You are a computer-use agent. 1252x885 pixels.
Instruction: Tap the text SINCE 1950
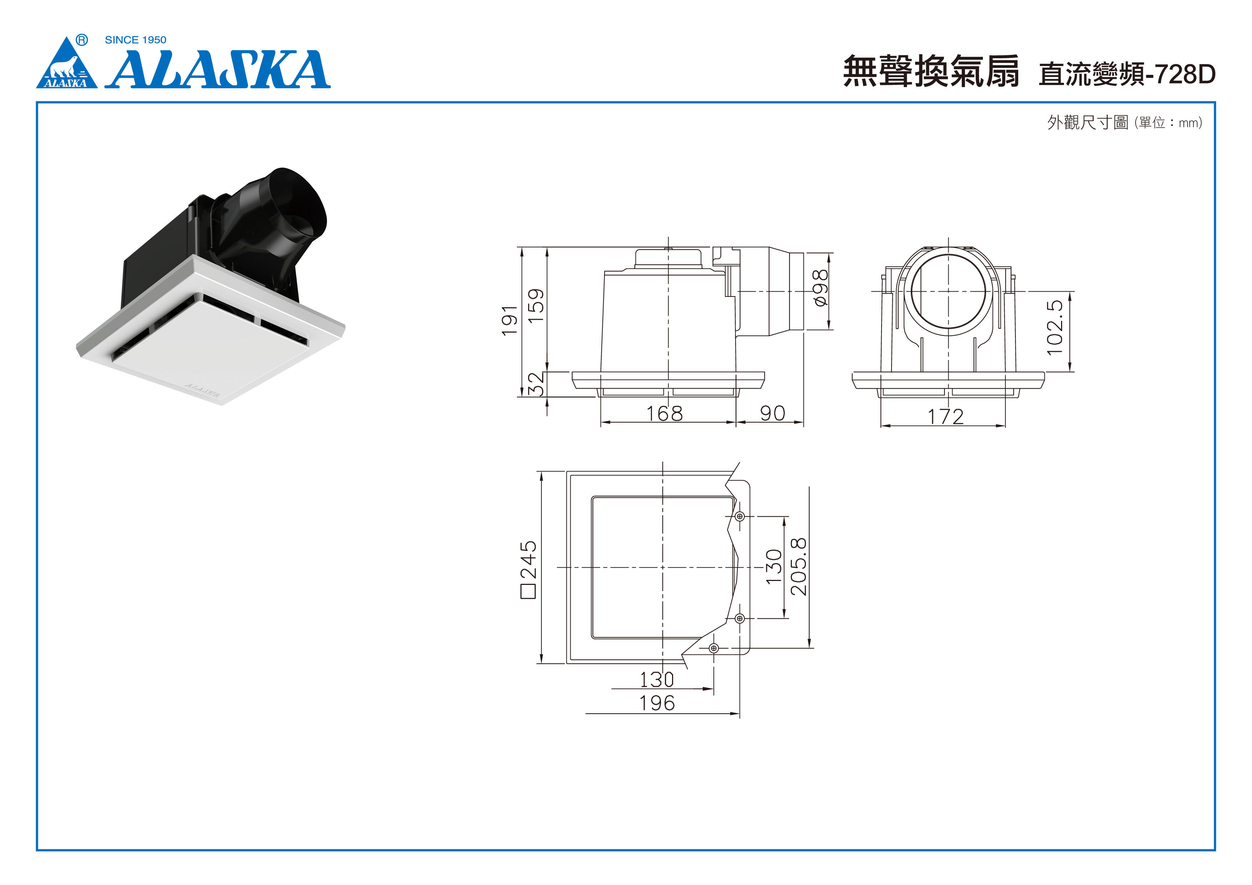coord(135,40)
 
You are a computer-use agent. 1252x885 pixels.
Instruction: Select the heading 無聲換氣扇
coord(931,71)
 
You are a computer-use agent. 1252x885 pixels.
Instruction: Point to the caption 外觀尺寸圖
coord(1087,122)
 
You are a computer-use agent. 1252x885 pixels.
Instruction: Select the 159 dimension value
coord(536,305)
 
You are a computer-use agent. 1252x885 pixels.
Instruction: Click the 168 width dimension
coord(664,413)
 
